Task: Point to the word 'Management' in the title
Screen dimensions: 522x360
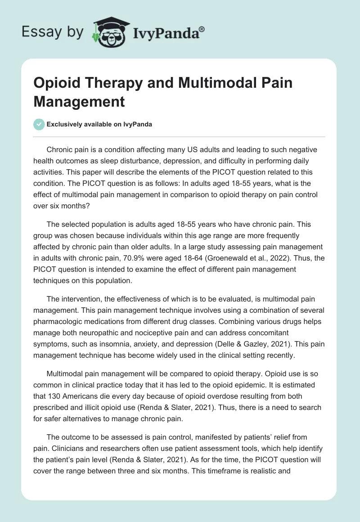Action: coord(79,101)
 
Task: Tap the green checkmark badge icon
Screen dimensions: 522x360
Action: coord(39,124)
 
